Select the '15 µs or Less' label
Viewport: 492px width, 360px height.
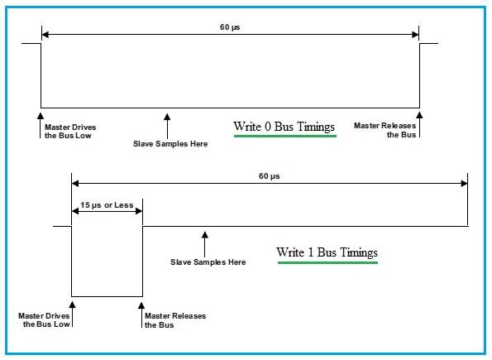(x=107, y=204)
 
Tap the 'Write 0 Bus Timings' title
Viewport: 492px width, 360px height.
(x=284, y=127)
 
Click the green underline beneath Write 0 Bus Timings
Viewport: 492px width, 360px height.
(x=284, y=137)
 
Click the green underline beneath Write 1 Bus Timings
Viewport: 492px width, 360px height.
(x=327, y=263)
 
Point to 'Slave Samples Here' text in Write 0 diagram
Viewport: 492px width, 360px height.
(x=170, y=144)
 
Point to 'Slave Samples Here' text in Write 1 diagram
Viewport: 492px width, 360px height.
(x=208, y=262)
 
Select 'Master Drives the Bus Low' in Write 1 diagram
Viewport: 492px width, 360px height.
(x=48, y=321)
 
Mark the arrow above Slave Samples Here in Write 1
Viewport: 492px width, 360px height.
(x=204, y=241)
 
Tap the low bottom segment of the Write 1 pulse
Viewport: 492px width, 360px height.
(x=107, y=295)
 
